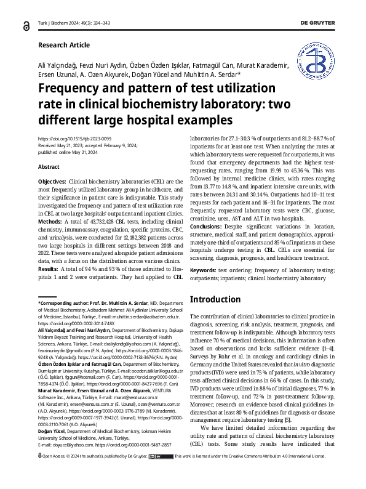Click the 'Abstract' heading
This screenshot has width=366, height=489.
(49, 167)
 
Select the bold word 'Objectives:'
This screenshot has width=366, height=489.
(52, 183)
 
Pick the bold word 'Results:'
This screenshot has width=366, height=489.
(49, 269)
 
